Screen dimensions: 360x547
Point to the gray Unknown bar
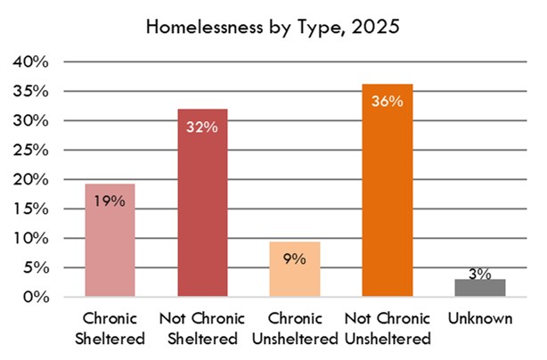click(x=479, y=288)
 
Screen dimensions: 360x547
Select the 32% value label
click(x=203, y=126)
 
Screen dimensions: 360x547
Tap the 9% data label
click(x=295, y=258)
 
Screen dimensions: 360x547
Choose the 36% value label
click(x=388, y=101)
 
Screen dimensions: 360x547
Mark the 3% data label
click(x=479, y=274)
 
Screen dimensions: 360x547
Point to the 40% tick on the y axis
click(x=30, y=61)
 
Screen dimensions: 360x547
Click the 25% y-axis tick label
click(x=30, y=150)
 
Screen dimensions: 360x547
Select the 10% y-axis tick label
click(x=30, y=238)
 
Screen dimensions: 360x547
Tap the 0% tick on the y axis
click(x=36, y=297)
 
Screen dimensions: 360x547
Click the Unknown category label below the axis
click(x=479, y=318)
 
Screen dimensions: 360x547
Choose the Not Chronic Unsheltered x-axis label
click(x=388, y=328)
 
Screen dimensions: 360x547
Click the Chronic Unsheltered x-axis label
click(x=295, y=328)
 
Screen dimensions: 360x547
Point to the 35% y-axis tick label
click(x=30, y=91)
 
